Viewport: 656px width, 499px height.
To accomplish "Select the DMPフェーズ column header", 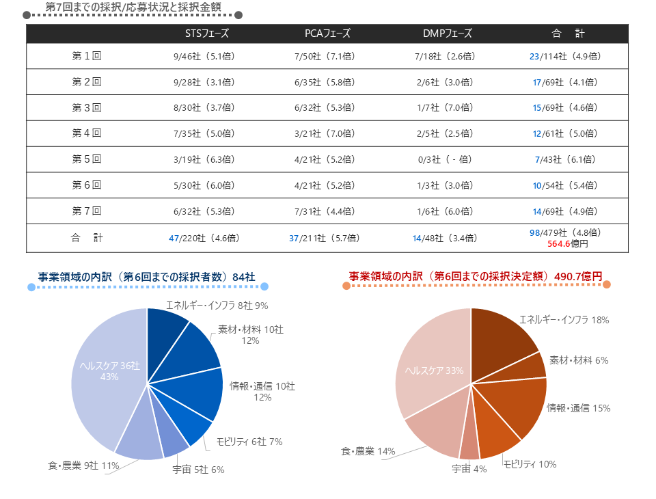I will click(x=447, y=33).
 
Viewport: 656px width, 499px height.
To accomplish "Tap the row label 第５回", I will click(x=87, y=159).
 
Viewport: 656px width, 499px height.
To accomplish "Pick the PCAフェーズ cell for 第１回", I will click(x=324, y=57).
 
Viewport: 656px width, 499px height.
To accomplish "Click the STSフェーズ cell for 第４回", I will click(x=204, y=133).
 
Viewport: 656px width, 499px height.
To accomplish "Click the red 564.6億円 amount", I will click(x=569, y=243).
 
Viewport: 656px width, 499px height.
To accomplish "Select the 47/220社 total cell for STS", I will click(x=204, y=238).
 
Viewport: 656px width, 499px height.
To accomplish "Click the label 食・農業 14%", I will click(x=368, y=451).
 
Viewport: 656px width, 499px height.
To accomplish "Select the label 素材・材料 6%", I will click(x=579, y=360).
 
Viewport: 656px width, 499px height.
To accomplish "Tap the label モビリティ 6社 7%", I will click(x=249, y=442).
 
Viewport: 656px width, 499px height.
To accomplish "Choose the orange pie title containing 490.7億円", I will click(x=476, y=275).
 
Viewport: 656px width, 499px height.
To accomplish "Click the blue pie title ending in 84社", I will click(x=146, y=276).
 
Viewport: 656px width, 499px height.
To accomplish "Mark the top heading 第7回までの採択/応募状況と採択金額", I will click(x=133, y=6).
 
